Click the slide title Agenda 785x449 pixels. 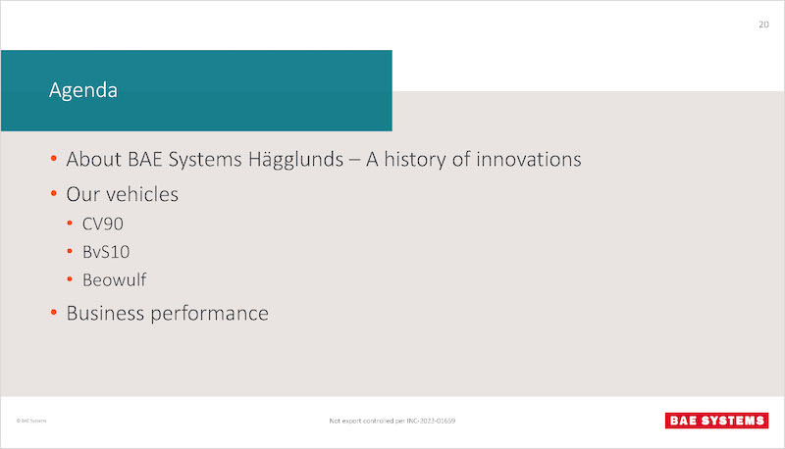coord(83,91)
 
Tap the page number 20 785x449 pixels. coord(763,25)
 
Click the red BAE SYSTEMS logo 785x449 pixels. coord(716,421)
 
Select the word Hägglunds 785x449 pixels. coord(295,160)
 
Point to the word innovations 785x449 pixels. coord(528,159)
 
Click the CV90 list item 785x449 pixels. coord(103,224)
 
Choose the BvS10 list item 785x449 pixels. coord(106,252)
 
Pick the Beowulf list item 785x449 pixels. coord(114,279)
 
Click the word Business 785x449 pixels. coord(105,314)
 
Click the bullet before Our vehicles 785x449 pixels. coord(54,193)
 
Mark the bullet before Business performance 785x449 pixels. coord(54,313)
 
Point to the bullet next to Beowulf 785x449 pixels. coord(70,279)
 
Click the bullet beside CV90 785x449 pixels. coord(70,223)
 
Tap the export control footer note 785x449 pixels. coord(392,421)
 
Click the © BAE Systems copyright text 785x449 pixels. coord(31,421)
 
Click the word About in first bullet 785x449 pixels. coord(93,159)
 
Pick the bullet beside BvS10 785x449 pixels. coord(70,251)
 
